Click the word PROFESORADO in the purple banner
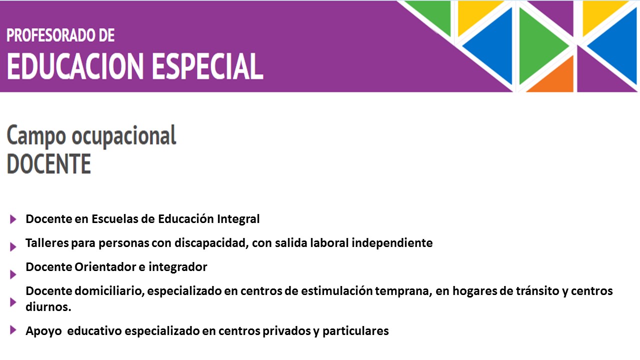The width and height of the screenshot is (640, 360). point(47,35)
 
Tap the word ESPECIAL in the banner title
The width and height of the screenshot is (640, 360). point(207,66)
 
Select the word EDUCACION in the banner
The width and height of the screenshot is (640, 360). point(75,66)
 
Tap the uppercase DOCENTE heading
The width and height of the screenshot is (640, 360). point(49,163)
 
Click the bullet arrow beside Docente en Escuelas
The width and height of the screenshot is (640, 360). point(13,219)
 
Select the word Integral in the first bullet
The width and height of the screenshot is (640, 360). point(238,219)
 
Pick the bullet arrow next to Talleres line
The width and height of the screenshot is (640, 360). point(13,246)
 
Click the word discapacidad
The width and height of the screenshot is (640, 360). point(211,243)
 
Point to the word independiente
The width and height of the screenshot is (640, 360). point(392,243)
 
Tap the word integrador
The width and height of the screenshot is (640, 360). point(177,267)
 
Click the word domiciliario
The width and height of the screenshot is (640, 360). point(109,291)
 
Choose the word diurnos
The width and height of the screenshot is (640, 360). point(48,307)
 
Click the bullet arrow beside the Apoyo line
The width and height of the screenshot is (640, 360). point(13,330)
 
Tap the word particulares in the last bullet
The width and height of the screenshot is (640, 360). point(355,331)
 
